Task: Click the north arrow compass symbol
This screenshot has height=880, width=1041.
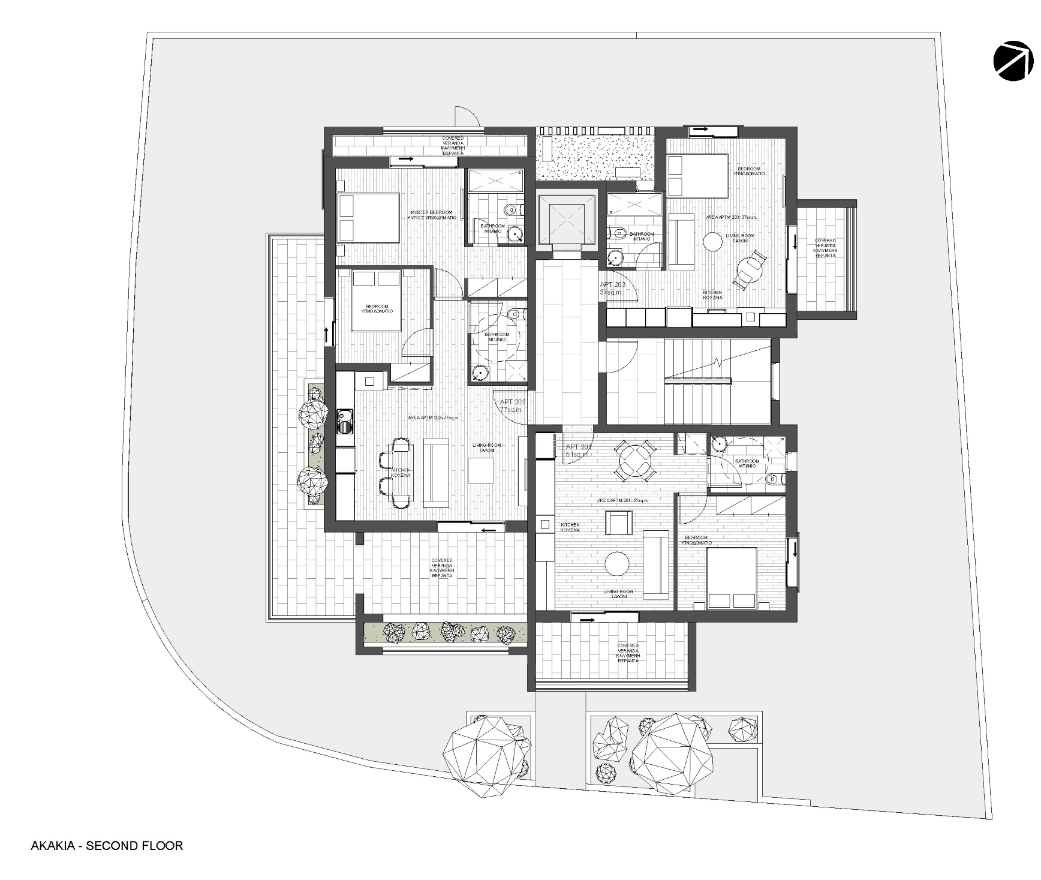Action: coord(1013,61)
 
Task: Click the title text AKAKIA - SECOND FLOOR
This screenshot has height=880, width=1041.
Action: coord(107,846)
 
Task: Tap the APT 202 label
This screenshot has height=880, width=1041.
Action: coord(513,406)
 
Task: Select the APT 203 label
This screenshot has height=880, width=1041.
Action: coord(612,288)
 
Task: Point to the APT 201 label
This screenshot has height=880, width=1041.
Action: coord(579,450)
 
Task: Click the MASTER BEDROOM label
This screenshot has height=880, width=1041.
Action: coord(432,215)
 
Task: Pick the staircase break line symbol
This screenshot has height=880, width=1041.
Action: coord(718,363)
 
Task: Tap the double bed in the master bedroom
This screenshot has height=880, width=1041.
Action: coord(368,218)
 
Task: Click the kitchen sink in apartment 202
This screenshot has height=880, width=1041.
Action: coord(345,420)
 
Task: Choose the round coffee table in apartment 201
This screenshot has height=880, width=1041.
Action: coord(616,563)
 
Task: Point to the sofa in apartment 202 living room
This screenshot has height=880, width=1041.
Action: coord(436,473)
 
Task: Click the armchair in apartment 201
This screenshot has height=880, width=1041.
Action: coord(618,522)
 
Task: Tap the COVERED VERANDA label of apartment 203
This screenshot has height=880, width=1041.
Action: coord(825,248)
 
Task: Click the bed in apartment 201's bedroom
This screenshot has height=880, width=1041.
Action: coord(732,578)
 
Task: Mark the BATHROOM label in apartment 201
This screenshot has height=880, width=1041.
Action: coord(747,463)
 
